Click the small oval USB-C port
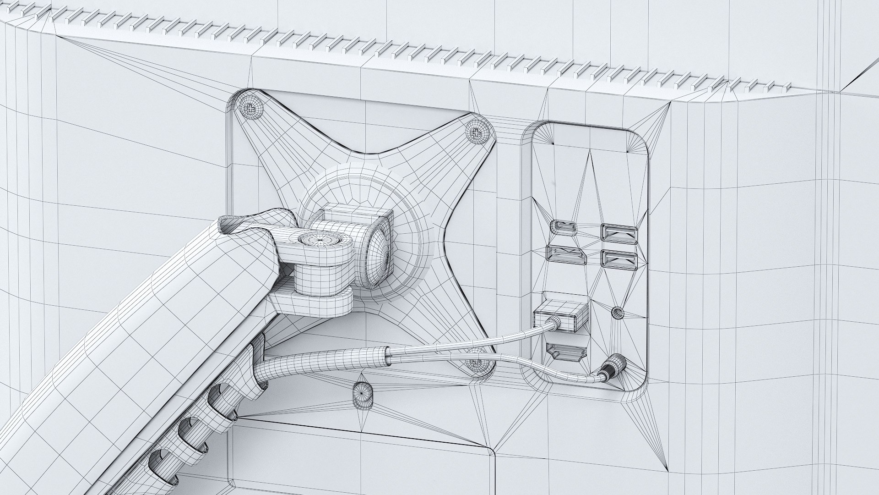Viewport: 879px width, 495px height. [x=564, y=228]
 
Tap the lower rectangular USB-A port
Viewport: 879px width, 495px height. [x=619, y=260]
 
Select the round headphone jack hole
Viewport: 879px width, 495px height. [x=618, y=313]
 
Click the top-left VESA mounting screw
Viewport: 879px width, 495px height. [x=250, y=109]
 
